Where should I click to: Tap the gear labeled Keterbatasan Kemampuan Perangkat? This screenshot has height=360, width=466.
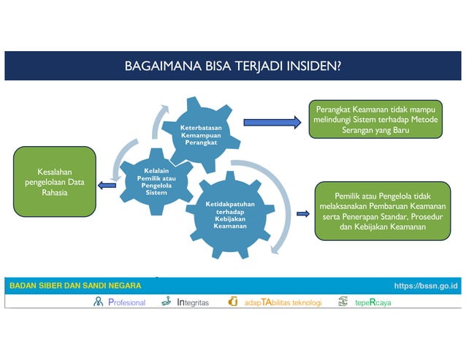[x=201, y=132]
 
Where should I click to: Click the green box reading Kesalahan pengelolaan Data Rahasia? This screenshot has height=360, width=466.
[x=55, y=182]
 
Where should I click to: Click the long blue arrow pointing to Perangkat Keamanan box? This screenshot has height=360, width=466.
[x=272, y=123]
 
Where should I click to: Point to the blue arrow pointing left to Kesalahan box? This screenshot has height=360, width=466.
[x=107, y=185]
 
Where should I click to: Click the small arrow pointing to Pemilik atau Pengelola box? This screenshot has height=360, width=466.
[x=302, y=214]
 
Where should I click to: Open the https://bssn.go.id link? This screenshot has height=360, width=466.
[x=425, y=286]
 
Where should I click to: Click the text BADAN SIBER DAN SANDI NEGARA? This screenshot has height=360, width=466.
[x=75, y=286]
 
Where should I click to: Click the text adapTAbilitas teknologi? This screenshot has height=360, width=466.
[x=282, y=302]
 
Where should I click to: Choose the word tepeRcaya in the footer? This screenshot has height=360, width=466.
[x=373, y=302]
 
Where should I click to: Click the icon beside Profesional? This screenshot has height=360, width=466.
[x=99, y=302]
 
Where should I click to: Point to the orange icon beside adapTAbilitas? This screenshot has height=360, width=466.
[x=233, y=302]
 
